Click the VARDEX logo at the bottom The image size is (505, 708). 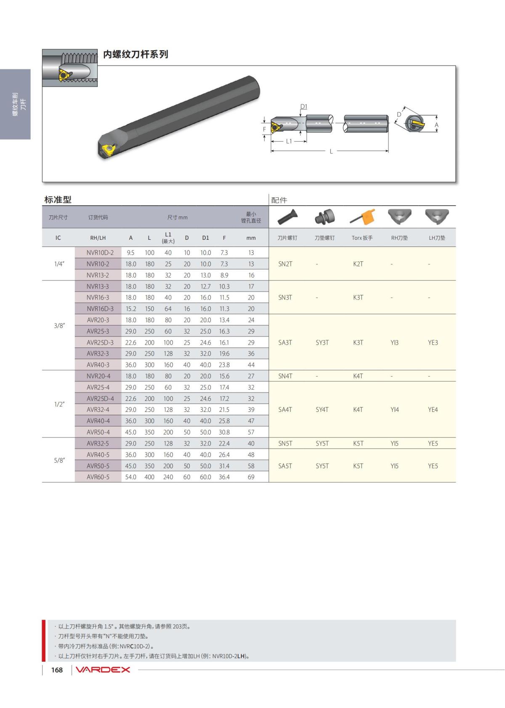(102, 670)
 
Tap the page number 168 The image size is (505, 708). (57, 670)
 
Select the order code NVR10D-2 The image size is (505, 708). (100, 252)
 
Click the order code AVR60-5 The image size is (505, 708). (98, 477)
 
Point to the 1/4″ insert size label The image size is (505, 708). (59, 264)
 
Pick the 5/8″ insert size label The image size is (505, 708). (59, 460)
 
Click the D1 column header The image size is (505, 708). (205, 238)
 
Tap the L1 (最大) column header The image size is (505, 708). (168, 238)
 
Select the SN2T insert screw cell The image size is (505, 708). (285, 264)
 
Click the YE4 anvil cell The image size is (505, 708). (433, 410)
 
